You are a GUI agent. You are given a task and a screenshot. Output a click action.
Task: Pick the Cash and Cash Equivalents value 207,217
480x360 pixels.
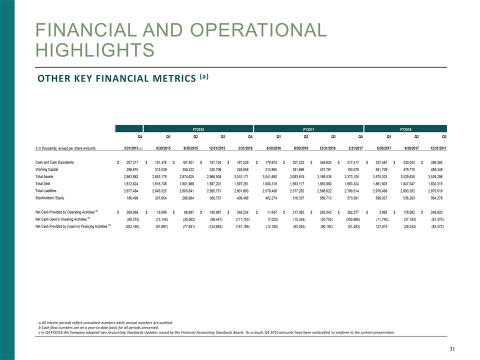click(128, 162)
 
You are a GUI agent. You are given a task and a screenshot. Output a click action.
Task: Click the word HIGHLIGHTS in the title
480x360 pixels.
click(94, 50)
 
